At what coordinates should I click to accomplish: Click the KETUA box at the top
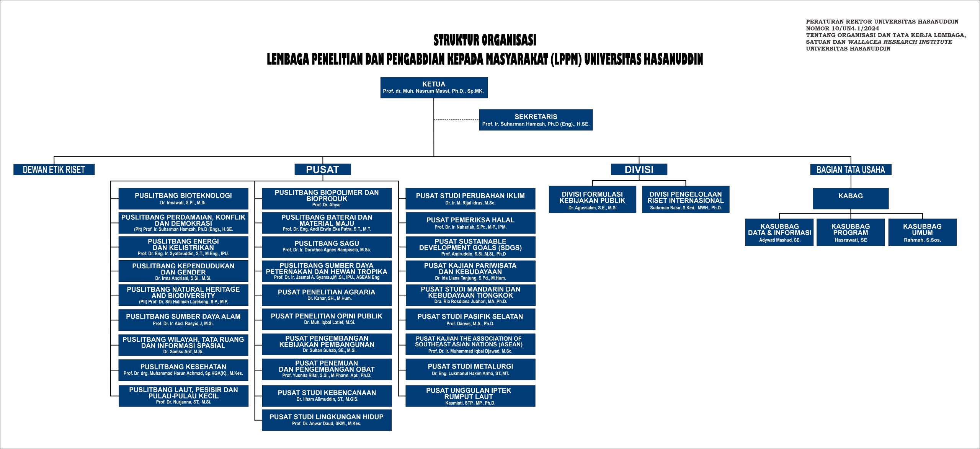coord(434,87)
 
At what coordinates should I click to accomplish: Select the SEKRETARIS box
coord(536,120)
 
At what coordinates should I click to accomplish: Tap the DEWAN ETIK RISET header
coord(54,170)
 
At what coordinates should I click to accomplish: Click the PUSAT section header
coord(323,170)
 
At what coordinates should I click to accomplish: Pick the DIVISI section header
coord(639,170)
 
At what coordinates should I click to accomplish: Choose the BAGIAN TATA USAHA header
coord(851,170)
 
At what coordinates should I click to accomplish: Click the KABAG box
coord(851,198)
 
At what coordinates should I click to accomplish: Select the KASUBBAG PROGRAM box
coord(851,232)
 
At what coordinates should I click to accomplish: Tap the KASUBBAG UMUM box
coord(922,232)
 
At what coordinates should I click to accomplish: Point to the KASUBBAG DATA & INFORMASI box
coord(779,232)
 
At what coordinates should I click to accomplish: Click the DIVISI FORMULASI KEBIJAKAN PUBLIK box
coord(592,199)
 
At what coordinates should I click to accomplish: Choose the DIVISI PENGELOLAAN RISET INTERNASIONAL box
coord(686,199)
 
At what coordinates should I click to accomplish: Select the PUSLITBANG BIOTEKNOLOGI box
coord(183,198)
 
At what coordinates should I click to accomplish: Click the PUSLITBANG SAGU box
coord(327,247)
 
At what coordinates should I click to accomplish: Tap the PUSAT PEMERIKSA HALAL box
coord(470,223)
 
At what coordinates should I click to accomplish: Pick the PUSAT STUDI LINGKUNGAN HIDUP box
coord(327,420)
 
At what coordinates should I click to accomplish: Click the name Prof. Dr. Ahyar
coord(327,205)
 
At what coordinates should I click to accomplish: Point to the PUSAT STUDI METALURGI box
coord(470,369)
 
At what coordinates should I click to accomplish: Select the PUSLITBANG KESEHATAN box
coord(183,369)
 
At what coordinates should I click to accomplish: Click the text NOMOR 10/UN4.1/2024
coord(843,28)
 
